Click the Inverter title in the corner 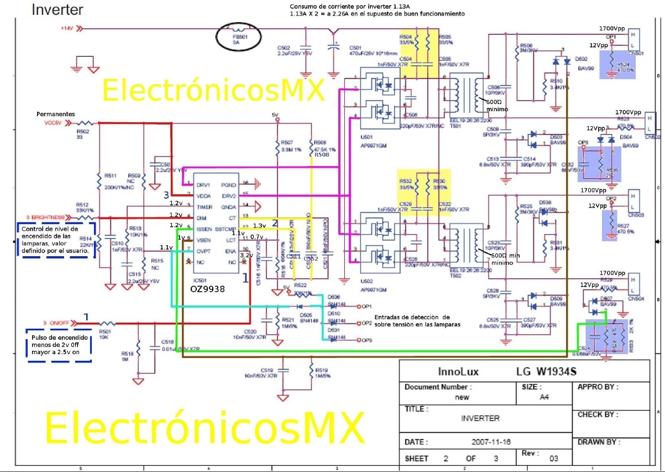[x=57, y=9]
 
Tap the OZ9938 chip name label [x=207, y=288]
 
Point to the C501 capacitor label [x=355, y=48]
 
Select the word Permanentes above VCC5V [x=56, y=114]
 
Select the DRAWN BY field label [x=599, y=442]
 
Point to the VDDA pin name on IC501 [x=205, y=195]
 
